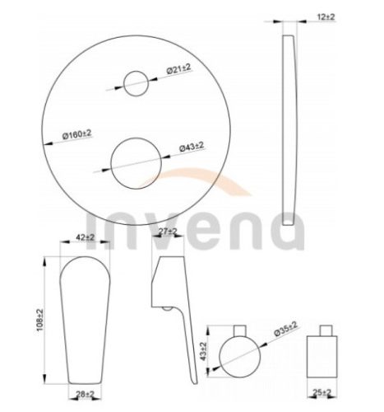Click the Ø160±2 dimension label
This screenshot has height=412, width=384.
tap(77, 134)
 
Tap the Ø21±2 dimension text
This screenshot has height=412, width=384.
tap(178, 68)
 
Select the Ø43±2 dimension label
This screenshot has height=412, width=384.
tap(192, 147)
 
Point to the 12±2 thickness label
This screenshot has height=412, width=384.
tap(326, 16)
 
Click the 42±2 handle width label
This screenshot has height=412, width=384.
tap(85, 237)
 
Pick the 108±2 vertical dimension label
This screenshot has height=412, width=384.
tap(40, 320)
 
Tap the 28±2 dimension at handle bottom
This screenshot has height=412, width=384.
tap(85, 395)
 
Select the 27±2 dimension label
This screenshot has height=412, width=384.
tap(168, 232)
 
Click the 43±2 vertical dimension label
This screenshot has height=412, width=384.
tap(203, 351)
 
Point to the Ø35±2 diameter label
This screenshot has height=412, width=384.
tap(285, 329)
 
